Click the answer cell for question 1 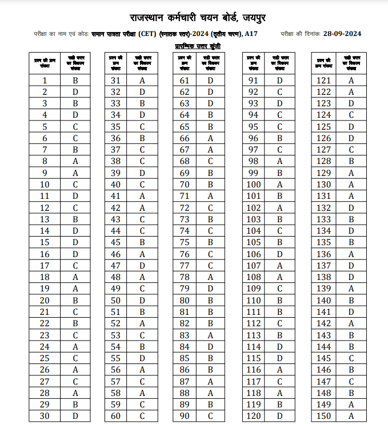(x=75, y=81)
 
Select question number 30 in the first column (x=45, y=416)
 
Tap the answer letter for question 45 (x=142, y=241)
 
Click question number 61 (x=185, y=81)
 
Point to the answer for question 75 (x=210, y=241)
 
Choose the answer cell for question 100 (x=279, y=185)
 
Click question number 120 (x=253, y=416)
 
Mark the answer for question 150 (x=351, y=416)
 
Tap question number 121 (x=323, y=81)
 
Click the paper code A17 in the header (x=251, y=34)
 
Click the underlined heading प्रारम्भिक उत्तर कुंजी (x=198, y=46)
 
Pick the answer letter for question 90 (x=210, y=416)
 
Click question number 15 (x=45, y=242)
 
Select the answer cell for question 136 (x=351, y=254)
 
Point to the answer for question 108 (x=279, y=277)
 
